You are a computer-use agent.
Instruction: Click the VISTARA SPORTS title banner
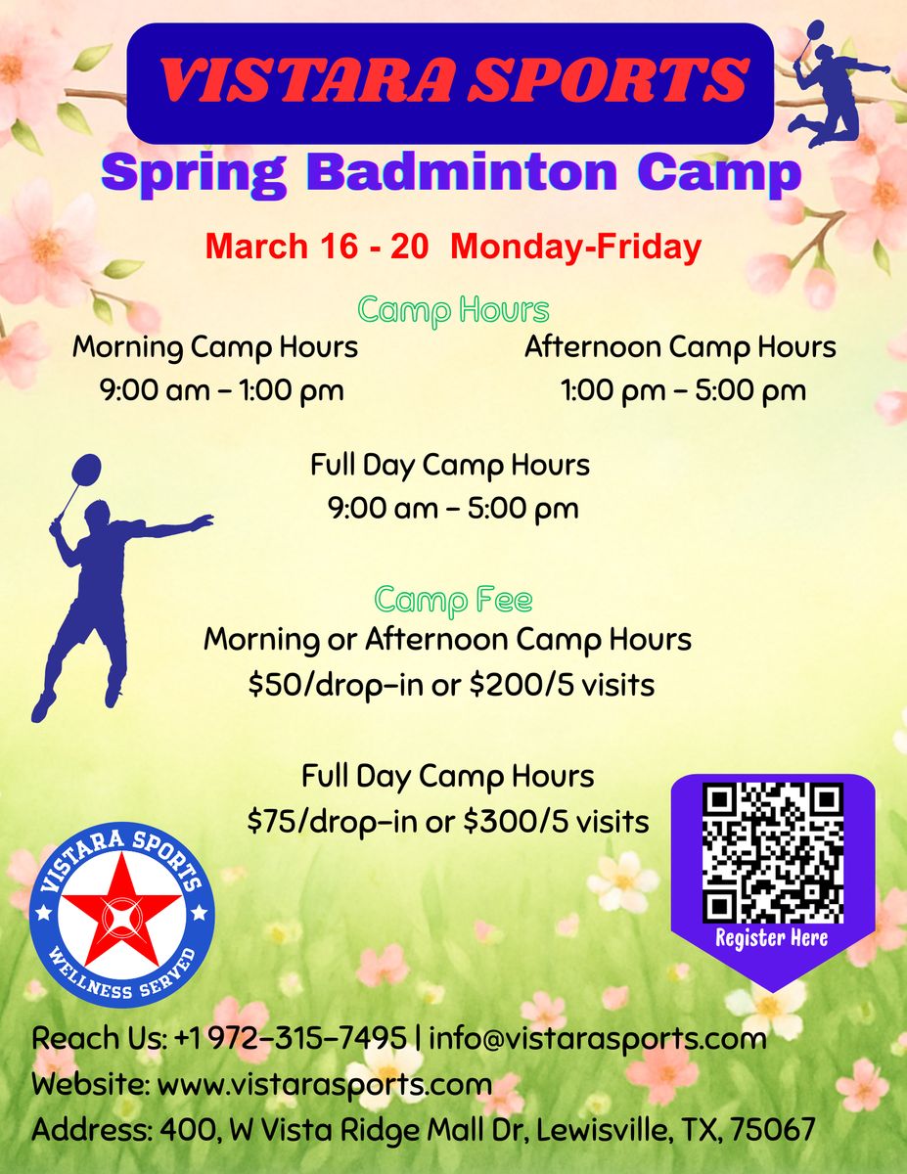[x=450, y=81]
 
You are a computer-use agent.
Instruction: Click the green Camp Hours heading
[x=453, y=310]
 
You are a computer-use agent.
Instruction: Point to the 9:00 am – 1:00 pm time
[x=221, y=391]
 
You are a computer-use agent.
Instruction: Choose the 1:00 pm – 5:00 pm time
[x=683, y=391]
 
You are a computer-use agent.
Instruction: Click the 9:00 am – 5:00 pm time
[x=453, y=509]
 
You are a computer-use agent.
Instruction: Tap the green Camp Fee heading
[x=453, y=599]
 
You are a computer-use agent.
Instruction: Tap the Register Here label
[x=771, y=938]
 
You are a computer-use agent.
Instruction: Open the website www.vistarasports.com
[x=325, y=1084]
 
